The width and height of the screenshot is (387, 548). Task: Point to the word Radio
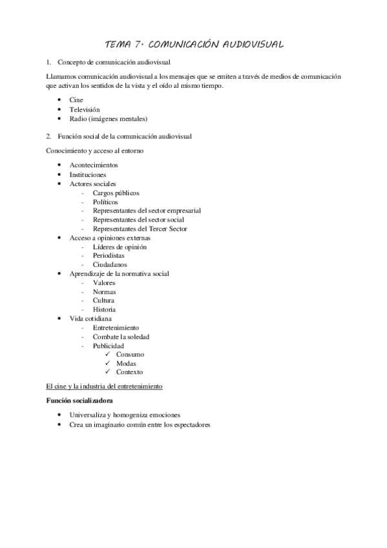78,119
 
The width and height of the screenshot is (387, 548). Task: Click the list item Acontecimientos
93,165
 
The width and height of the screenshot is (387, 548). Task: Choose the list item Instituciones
88,174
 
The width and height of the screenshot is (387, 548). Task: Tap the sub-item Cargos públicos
116,193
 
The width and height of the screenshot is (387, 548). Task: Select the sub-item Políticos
105,202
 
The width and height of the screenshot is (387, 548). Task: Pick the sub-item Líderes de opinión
120,247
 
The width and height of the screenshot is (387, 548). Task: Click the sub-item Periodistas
109,256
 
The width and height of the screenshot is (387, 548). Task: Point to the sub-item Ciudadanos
109,264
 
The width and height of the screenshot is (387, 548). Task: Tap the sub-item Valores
104,282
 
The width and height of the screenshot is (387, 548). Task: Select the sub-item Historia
104,310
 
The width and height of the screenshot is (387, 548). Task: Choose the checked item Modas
126,363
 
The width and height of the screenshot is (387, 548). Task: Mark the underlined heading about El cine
104,386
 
